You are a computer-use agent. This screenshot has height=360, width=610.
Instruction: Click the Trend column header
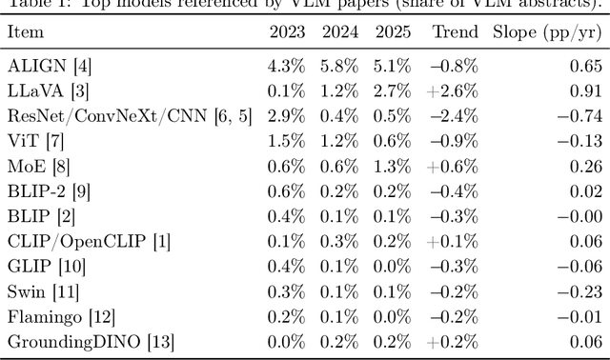[x=456, y=32]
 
